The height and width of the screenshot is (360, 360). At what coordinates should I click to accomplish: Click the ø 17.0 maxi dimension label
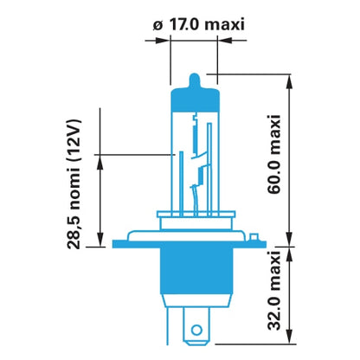[199, 25]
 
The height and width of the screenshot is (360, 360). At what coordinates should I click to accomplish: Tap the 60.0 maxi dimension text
[274, 154]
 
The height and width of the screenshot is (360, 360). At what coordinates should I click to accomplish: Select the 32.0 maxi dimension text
[274, 291]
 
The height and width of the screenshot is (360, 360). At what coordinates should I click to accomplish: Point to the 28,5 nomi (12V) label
[74, 184]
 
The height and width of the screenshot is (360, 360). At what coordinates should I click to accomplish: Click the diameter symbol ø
[157, 26]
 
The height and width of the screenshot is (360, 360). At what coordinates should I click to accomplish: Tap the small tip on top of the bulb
[195, 80]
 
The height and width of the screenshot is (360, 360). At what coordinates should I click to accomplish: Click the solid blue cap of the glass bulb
[195, 99]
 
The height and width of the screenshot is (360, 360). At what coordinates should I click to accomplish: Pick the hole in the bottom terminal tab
[196, 330]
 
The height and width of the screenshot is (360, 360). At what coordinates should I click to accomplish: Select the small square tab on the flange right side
[254, 237]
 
